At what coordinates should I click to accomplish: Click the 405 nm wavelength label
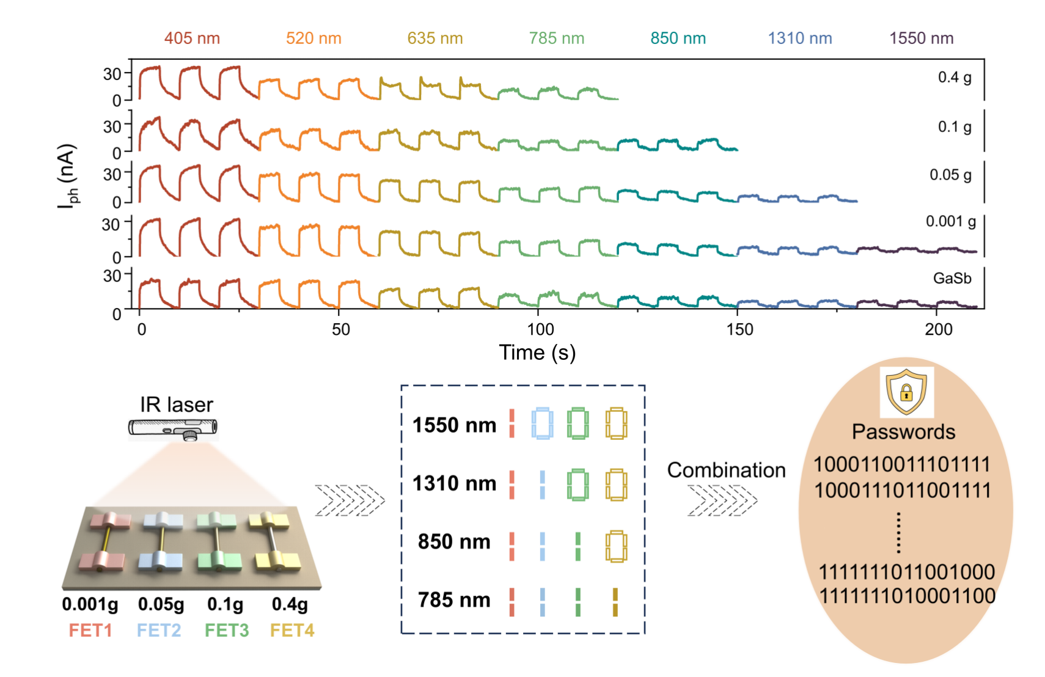coord(192,38)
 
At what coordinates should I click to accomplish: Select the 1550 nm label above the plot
coord(921,38)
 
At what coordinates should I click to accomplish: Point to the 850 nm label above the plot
coord(678,38)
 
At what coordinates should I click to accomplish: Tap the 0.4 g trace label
coord(955,78)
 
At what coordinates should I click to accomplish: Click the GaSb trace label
coord(952,279)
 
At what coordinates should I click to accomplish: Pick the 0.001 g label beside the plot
coord(950,222)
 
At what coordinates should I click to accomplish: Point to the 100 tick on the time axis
coord(540,330)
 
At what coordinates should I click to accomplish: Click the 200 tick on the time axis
coord(938,330)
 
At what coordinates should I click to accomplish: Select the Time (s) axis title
coord(537,353)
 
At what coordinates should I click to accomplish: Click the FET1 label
coord(90,630)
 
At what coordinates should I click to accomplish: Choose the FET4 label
coord(292,630)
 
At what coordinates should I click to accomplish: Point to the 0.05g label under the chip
coord(161,604)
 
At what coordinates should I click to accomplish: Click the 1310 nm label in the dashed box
coord(454,483)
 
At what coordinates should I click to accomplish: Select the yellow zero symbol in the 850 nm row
coord(616,546)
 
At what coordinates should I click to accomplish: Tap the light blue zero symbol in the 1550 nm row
coord(542,423)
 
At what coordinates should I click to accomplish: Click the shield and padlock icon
coord(906,392)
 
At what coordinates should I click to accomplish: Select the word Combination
coord(726,470)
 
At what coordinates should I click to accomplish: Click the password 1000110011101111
coord(901,464)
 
